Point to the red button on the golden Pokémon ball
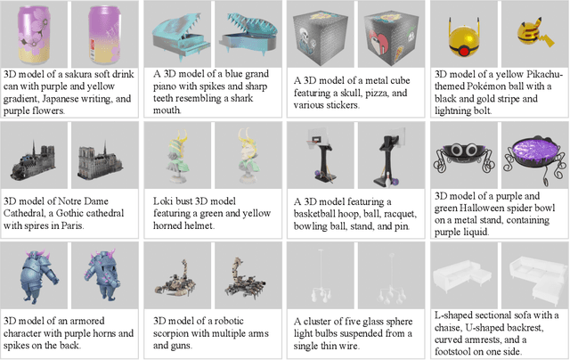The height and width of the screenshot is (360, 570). pos(464,52)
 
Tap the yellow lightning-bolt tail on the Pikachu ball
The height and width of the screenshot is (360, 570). pos(547,39)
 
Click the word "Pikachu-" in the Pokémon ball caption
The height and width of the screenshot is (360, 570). pos(541,75)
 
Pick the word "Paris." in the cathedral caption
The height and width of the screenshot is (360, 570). pos(72,225)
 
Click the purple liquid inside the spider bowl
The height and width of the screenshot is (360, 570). pos(534,150)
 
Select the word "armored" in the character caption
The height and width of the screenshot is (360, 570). pos(86,321)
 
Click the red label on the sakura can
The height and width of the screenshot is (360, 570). pos(93,45)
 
